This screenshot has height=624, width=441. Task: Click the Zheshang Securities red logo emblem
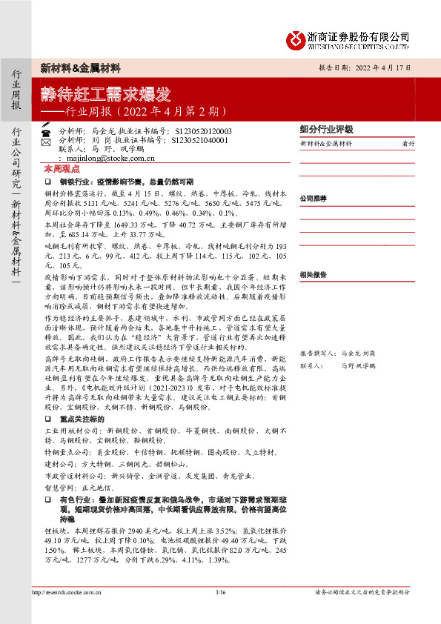click(x=298, y=39)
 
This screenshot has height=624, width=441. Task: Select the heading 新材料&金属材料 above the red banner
click(x=81, y=67)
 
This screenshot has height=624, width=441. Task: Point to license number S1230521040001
click(x=199, y=139)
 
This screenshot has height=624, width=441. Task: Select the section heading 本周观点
click(x=59, y=169)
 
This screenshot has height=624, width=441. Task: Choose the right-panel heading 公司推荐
click(x=313, y=199)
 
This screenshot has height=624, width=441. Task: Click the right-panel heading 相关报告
click(x=313, y=274)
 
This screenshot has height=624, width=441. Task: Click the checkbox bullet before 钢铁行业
click(x=47, y=182)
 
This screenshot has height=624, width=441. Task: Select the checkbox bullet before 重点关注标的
click(x=47, y=439)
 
